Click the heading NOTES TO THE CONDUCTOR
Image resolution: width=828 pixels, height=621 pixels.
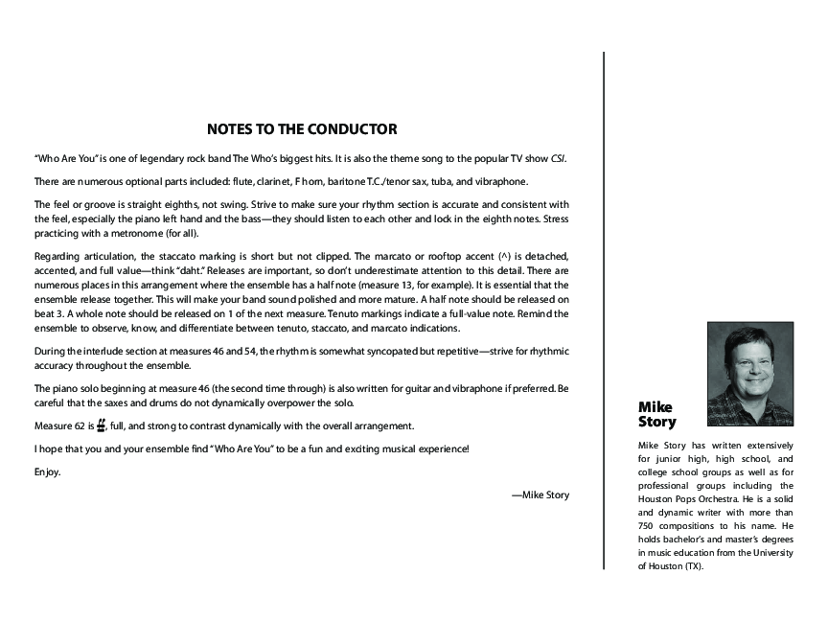tap(302, 129)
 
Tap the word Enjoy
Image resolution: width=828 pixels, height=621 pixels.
tap(47, 471)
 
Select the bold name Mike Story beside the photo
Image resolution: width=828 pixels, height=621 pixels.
tap(657, 415)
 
